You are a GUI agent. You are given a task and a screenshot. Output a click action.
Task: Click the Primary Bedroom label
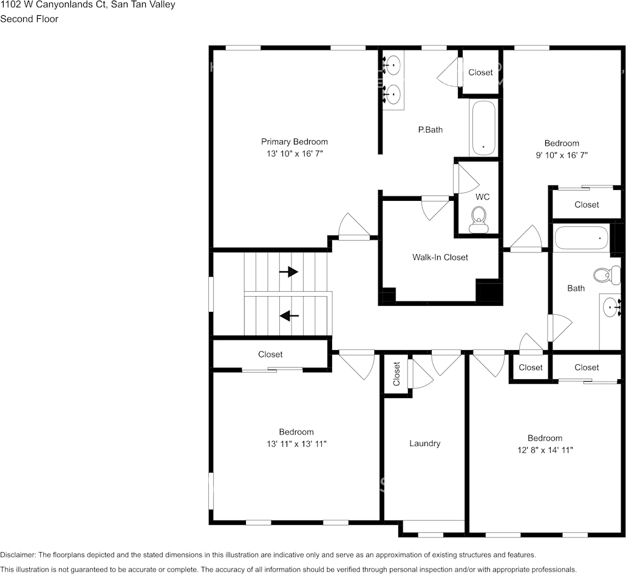click(294, 141)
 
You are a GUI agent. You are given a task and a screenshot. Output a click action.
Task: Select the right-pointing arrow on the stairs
click(289, 272)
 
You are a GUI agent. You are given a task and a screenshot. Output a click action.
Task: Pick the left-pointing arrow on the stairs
click(289, 316)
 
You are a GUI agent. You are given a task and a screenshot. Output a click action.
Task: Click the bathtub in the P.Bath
click(483, 128)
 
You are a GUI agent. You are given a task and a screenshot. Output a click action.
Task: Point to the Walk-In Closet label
click(440, 257)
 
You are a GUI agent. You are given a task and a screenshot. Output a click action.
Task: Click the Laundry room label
click(424, 444)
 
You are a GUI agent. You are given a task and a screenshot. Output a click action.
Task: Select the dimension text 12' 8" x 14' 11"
click(545, 450)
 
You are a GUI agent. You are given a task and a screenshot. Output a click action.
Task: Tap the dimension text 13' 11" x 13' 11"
click(296, 444)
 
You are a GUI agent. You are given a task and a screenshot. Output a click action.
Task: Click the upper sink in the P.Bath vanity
click(393, 64)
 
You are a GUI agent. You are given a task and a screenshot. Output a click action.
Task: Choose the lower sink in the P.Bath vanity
click(393, 94)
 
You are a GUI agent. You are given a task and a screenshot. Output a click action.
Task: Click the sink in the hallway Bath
click(610, 308)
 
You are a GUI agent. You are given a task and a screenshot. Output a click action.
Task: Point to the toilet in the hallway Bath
click(606, 275)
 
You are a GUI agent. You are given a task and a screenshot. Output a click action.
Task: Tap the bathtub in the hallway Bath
click(581, 238)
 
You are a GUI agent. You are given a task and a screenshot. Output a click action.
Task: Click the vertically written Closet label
click(396, 374)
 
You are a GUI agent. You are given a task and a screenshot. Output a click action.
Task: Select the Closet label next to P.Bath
click(480, 72)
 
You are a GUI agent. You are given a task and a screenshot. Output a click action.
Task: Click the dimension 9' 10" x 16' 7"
click(562, 155)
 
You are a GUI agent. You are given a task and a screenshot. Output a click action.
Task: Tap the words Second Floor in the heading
click(29, 19)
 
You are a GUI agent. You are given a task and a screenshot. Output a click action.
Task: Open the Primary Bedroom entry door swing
click(354, 228)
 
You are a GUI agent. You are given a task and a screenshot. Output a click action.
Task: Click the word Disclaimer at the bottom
click(18, 555)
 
